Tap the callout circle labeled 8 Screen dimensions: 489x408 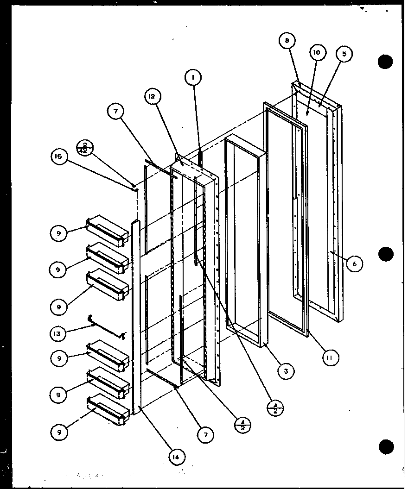(287, 41)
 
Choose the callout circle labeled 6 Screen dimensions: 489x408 (354, 263)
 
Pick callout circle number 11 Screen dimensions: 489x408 (331, 357)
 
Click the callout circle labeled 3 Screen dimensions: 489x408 (286, 370)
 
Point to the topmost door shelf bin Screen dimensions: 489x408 (107, 229)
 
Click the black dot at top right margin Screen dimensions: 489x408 (385, 62)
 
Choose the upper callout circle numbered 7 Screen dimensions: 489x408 (116, 111)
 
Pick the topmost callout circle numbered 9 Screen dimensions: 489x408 (59, 233)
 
